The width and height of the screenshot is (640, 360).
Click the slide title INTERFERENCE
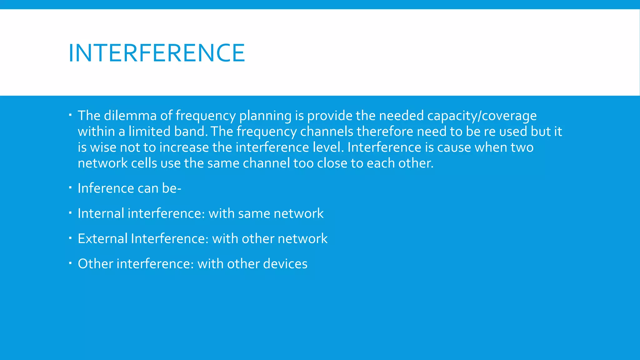click(157, 53)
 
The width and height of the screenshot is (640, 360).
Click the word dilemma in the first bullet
click(130, 116)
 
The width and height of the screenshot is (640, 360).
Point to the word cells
click(144, 163)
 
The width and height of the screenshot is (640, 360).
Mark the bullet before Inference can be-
click(70, 188)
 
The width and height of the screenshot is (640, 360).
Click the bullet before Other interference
click(70, 263)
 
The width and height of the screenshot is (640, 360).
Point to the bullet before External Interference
click(70, 238)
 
